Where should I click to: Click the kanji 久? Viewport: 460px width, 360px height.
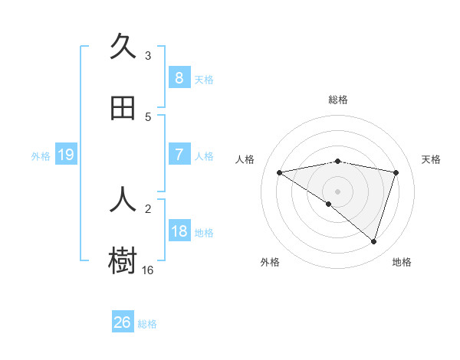click(x=123, y=47)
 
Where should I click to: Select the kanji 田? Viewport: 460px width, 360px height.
click(x=123, y=108)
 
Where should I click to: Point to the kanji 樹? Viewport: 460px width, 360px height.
click(x=123, y=260)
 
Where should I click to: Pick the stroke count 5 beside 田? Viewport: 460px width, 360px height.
click(x=148, y=117)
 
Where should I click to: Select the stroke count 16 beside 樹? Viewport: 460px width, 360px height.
click(x=148, y=270)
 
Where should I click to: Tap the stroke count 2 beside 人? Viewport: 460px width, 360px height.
click(x=148, y=208)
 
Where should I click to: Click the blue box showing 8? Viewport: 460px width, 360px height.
click(x=179, y=77)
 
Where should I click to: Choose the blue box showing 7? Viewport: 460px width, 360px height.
click(x=179, y=155)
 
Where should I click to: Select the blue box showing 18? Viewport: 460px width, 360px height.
click(x=179, y=231)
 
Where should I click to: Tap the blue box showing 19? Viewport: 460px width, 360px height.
click(x=66, y=155)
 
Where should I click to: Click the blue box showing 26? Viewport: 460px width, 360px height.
click(x=123, y=322)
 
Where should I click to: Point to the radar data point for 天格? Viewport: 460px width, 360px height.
click(x=396, y=172)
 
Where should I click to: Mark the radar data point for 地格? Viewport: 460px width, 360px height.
click(x=374, y=242)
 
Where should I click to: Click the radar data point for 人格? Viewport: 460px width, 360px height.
click(x=280, y=172)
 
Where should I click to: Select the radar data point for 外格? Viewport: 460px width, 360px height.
click(x=329, y=204)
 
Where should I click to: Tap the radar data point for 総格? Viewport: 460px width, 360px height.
click(x=338, y=161)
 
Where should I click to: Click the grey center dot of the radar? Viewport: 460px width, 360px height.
click(x=338, y=191)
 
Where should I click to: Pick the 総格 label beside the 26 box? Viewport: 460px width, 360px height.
click(x=147, y=324)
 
